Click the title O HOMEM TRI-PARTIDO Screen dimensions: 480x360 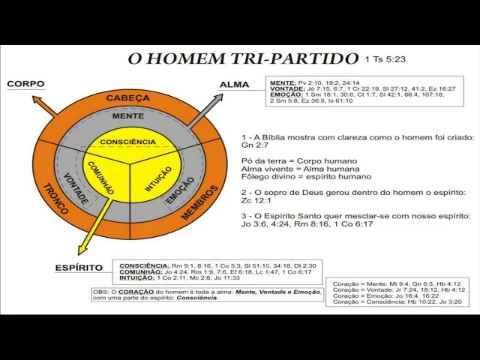click(243, 58)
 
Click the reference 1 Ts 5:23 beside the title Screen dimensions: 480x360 click(385, 58)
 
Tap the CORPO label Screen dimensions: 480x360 click(26, 84)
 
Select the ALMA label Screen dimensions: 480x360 click(234, 85)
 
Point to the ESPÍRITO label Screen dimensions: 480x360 click(79, 268)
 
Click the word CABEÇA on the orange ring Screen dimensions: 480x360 click(127, 97)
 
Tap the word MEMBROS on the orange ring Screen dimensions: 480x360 click(199, 202)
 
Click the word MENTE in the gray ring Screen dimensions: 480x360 click(128, 116)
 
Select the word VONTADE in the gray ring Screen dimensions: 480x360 click(76, 187)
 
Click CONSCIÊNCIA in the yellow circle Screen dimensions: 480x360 click(128, 142)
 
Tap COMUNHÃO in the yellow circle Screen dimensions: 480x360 click(101, 178)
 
